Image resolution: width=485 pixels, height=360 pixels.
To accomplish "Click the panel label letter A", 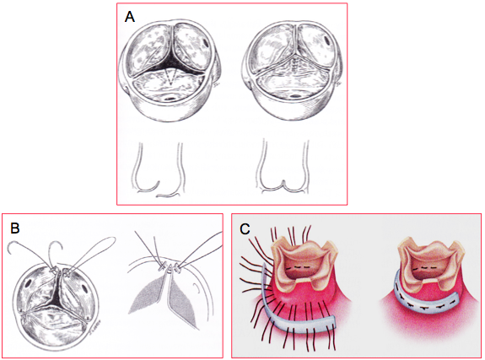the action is (x=130, y=17).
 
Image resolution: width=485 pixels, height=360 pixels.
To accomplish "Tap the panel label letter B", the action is (x=15, y=228).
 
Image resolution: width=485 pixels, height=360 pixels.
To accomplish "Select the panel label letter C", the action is (x=245, y=229).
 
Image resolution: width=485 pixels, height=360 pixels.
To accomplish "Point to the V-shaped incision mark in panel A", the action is (x=171, y=77).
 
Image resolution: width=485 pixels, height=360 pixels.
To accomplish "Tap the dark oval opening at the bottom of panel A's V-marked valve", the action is (x=170, y=99).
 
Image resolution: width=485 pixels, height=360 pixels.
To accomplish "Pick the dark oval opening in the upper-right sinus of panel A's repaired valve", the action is (x=327, y=40).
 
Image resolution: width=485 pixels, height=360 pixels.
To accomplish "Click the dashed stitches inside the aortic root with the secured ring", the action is (x=424, y=267).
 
